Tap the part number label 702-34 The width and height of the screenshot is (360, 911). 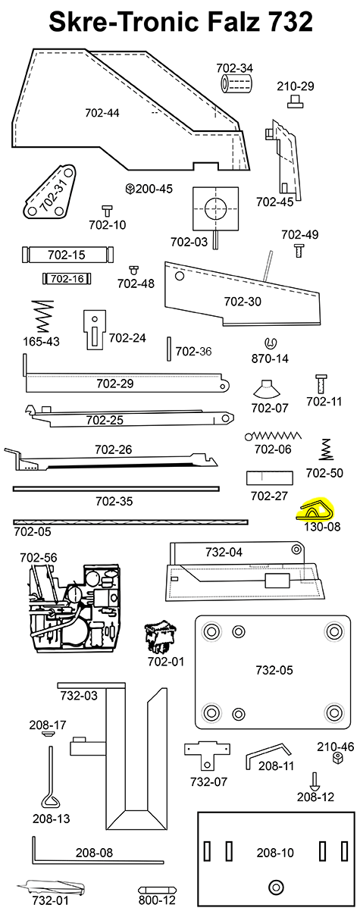pyautogui.click(x=239, y=68)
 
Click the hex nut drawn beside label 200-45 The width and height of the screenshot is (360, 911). pyautogui.click(x=130, y=188)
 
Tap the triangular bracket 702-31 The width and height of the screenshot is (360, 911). pyautogui.click(x=51, y=196)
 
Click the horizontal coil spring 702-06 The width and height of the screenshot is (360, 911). pyautogui.click(x=274, y=436)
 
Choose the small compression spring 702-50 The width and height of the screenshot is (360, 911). pyautogui.click(x=326, y=449)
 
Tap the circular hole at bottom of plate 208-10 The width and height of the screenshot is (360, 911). pyautogui.click(x=275, y=886)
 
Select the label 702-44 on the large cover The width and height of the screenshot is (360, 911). pyautogui.click(x=102, y=113)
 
